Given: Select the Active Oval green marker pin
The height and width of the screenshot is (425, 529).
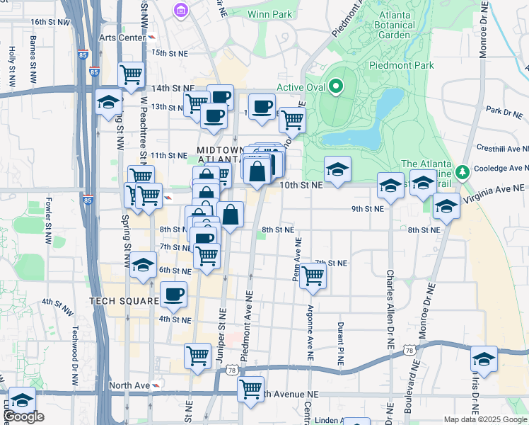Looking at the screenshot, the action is [x=336, y=88].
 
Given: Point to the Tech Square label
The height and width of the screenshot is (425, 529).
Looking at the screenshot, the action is [x=124, y=301].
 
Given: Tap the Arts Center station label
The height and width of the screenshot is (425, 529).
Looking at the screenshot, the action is [x=123, y=37].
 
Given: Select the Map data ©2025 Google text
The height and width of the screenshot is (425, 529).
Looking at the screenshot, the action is [x=484, y=419].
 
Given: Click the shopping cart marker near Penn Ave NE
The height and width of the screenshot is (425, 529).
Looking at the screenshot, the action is [x=313, y=276].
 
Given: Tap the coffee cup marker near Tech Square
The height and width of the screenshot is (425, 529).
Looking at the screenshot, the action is [x=173, y=294].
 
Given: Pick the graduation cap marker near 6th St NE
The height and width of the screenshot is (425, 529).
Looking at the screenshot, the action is [x=144, y=266].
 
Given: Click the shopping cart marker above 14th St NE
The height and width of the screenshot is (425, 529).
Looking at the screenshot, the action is [x=131, y=74].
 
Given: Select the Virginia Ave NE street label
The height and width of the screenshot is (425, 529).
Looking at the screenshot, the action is [x=495, y=189].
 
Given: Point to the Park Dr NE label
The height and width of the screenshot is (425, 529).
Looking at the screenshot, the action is [x=503, y=111].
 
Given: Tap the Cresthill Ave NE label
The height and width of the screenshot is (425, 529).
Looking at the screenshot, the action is [x=502, y=149].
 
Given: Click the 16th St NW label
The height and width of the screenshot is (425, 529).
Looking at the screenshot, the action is [x=50, y=23].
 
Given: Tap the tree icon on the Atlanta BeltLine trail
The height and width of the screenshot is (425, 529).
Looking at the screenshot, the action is [x=463, y=171].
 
